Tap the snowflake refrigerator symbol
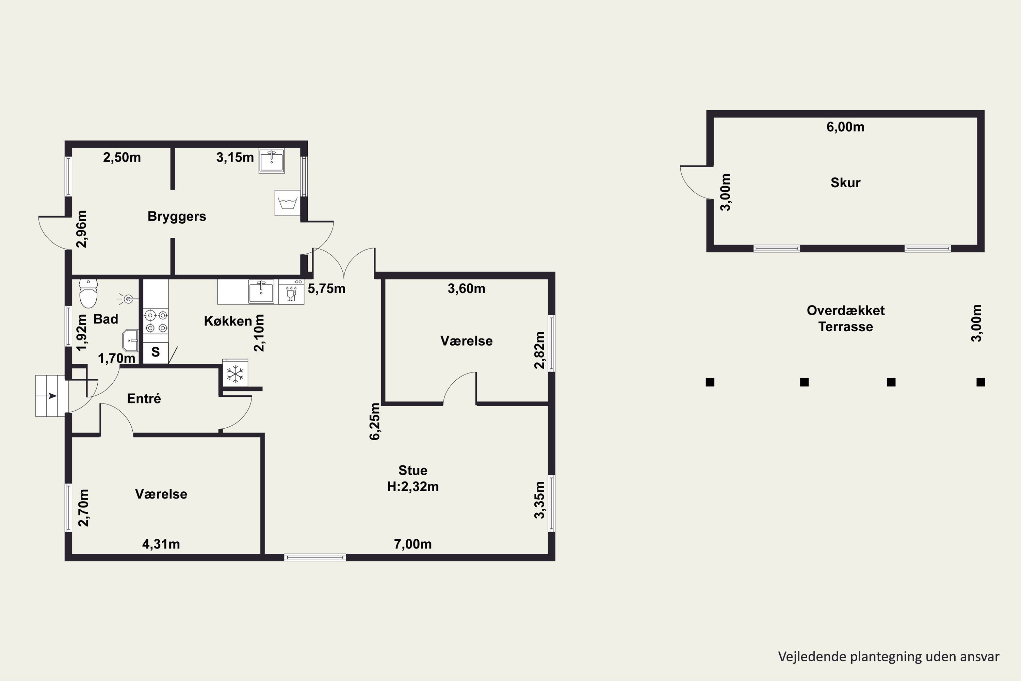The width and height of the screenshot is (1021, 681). (235, 373)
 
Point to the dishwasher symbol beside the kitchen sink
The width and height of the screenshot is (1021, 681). (291, 291)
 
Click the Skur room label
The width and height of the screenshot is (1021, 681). (845, 183)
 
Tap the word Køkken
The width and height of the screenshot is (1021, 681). (228, 321)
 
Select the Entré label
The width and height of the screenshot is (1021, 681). (144, 398)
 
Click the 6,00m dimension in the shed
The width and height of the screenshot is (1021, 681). (845, 127)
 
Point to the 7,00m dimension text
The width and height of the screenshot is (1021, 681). (412, 544)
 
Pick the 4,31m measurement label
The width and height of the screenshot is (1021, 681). (161, 544)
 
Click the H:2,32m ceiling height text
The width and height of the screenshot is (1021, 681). (413, 487)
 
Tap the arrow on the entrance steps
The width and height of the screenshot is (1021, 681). (52, 396)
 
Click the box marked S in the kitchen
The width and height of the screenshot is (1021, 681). (156, 352)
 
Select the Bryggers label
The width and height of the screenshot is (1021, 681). (177, 216)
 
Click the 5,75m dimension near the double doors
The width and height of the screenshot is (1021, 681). (326, 288)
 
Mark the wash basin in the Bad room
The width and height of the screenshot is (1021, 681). (130, 340)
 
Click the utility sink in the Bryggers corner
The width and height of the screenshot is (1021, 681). (272, 161)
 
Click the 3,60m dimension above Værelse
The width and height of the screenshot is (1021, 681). (466, 288)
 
